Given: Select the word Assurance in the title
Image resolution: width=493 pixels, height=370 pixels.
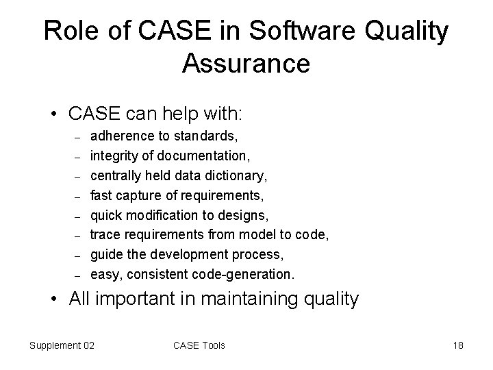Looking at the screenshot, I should tap(246, 64).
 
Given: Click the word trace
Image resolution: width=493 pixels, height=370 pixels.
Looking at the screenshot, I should tap(104, 235).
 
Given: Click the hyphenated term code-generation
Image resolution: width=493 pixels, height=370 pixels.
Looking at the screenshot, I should tap(246, 275).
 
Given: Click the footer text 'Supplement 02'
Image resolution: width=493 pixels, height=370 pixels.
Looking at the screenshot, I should tap(62, 345).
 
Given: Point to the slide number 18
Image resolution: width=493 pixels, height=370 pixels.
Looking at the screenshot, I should tap(458, 345).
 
